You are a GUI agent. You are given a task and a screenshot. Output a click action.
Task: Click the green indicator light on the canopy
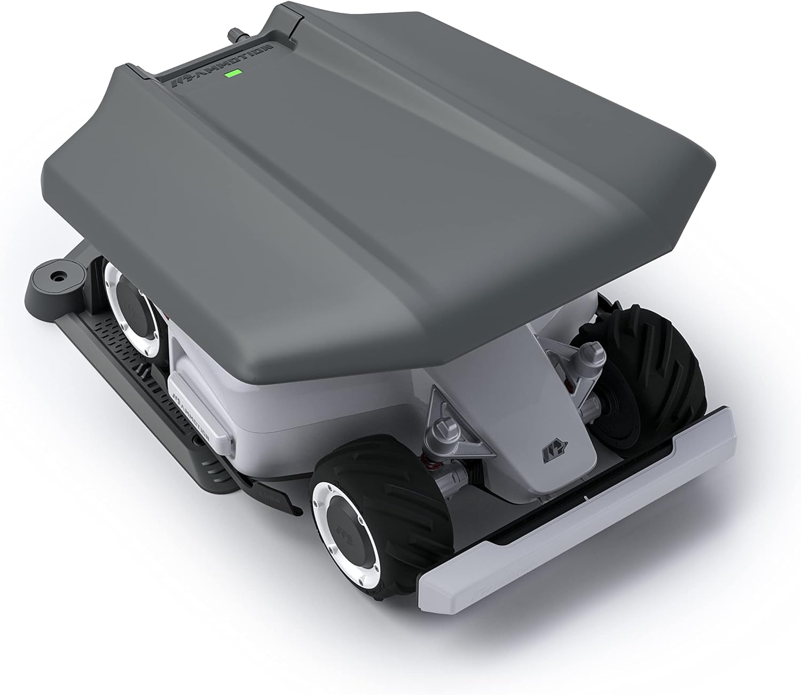click(x=233, y=73)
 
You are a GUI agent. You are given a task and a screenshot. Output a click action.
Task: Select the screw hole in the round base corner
click(x=55, y=277)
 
